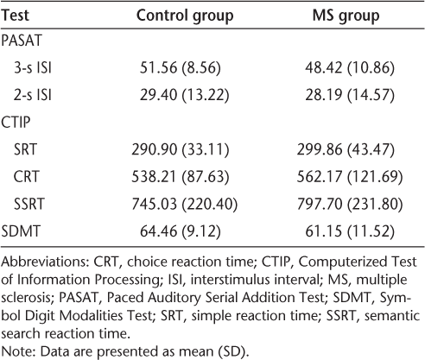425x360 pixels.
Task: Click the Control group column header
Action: (x=185, y=16)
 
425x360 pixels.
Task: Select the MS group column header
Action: (x=346, y=16)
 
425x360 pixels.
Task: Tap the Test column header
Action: (x=15, y=16)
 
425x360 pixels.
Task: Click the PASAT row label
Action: (x=22, y=41)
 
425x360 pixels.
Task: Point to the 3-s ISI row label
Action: (x=33, y=68)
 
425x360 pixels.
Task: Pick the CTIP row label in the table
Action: (x=16, y=123)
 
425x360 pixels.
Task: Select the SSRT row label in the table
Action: (x=29, y=204)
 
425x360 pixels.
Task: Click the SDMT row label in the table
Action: (x=21, y=231)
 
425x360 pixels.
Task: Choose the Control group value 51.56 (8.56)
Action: (x=181, y=68)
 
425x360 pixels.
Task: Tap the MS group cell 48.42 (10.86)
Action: (x=350, y=68)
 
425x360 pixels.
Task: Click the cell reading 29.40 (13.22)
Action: (x=185, y=95)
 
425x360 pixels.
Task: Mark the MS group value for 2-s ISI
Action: (x=350, y=95)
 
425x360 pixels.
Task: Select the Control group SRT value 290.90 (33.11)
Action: (x=181, y=149)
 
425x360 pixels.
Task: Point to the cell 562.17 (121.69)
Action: (x=350, y=177)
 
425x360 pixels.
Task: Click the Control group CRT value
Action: (x=181, y=177)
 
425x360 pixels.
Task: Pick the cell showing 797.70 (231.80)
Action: (x=350, y=204)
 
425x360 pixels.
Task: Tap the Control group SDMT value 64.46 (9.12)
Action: (x=181, y=231)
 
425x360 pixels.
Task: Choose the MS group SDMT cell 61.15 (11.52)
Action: (x=350, y=231)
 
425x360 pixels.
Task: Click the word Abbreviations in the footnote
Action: (x=45, y=262)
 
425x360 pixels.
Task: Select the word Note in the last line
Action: (x=17, y=351)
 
